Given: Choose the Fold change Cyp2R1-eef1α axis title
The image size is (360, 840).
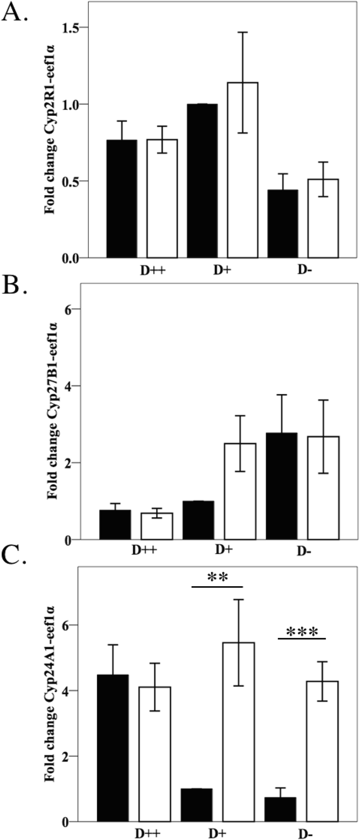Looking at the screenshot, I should coord(50,141).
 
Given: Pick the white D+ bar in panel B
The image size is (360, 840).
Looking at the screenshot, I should coord(240,491).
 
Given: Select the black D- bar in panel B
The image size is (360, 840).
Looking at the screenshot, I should coord(281,486).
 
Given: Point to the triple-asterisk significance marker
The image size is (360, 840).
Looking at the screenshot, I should coord(302,632).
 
